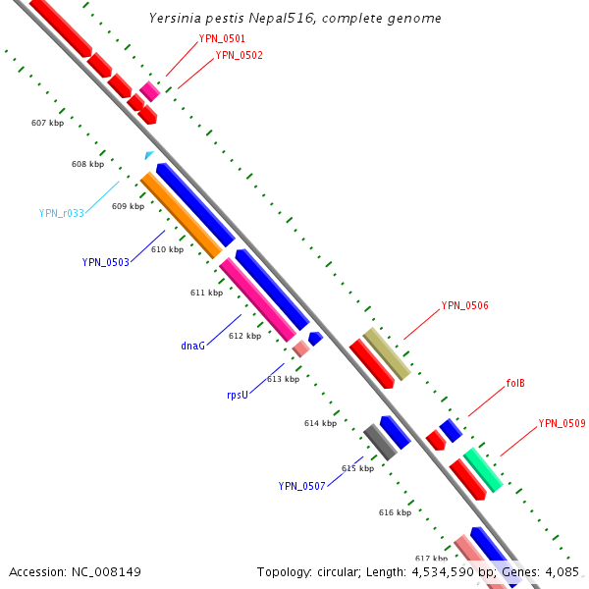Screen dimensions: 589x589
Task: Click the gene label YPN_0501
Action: pos(222,38)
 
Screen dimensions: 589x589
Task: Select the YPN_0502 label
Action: pos(239,55)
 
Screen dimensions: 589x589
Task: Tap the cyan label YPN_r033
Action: pos(62,213)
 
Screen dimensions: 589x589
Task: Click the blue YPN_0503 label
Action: pos(106,262)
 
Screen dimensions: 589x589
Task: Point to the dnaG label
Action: pos(192,346)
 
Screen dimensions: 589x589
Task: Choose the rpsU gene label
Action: pos(239,395)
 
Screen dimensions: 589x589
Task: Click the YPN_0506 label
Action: pos(464,305)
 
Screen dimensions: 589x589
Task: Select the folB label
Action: pos(515,383)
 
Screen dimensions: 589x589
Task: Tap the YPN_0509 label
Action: pos(562,423)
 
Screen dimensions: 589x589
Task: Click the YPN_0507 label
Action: pos(301,486)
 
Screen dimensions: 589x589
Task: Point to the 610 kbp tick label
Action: pos(167,249)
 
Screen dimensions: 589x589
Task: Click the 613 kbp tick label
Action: pos(283,379)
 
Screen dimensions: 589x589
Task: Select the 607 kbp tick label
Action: pos(47,123)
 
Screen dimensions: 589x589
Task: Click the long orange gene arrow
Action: pos(182,216)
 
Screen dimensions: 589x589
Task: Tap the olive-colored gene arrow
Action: pos(386,354)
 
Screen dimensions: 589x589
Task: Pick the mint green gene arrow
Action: pos(484,469)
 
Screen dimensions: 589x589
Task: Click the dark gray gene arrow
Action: pos(380,443)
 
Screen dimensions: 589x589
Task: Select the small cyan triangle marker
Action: pos(148,155)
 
